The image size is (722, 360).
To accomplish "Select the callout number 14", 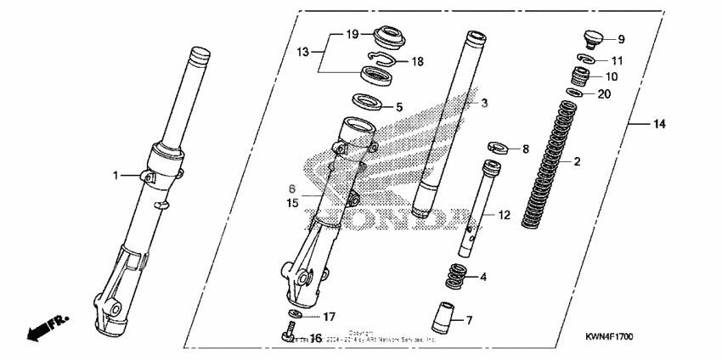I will [659, 125].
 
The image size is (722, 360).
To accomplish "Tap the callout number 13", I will [302, 52].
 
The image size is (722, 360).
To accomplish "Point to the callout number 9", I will [620, 39].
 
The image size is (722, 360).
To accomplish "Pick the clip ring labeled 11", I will [585, 59].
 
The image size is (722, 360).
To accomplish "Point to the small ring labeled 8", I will [500, 148].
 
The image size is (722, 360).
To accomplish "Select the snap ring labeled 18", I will [384, 60].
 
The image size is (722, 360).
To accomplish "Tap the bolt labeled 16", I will [287, 337].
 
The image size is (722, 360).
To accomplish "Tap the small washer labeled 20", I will [575, 93].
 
